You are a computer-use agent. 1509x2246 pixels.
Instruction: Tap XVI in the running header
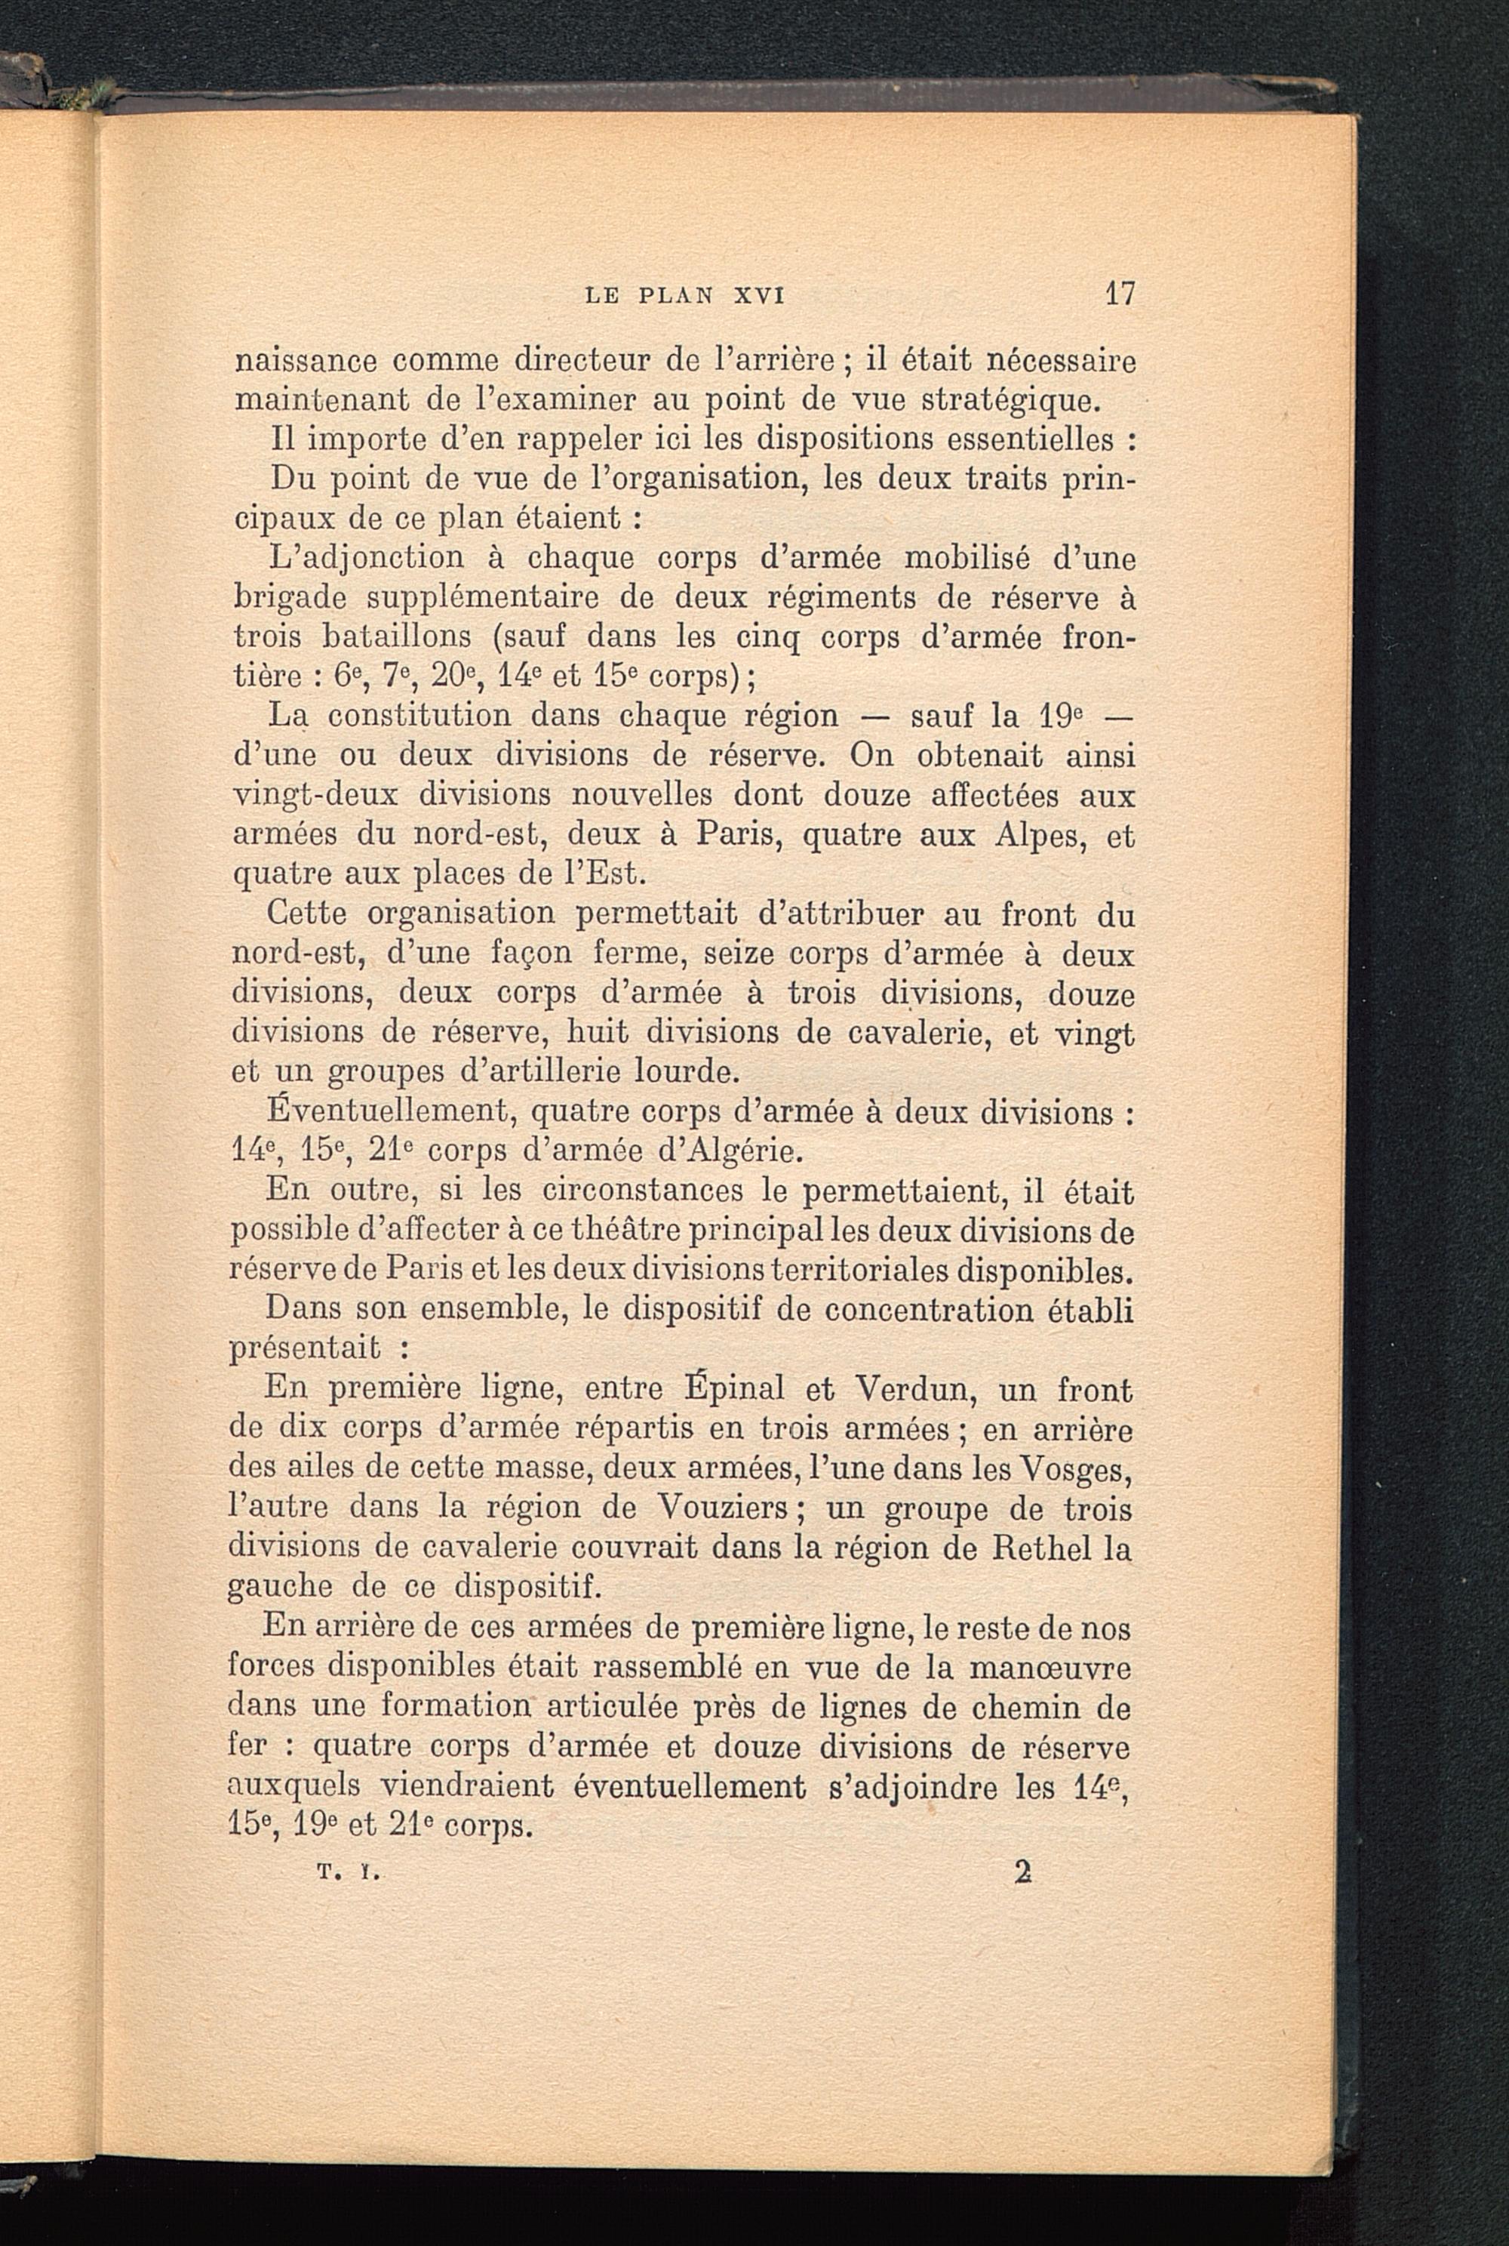[759, 295]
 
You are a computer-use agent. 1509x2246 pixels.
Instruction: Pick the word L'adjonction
[366, 557]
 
